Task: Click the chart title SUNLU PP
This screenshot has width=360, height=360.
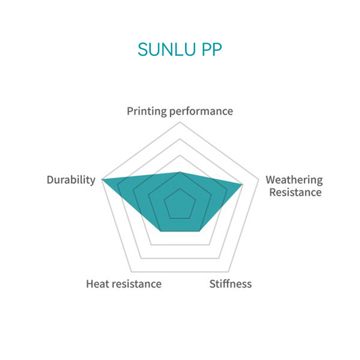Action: pos(180,50)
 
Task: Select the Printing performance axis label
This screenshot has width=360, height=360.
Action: pos(180,111)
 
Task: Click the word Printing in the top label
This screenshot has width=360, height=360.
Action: pos(147,111)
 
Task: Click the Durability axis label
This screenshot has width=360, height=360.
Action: pos(71,180)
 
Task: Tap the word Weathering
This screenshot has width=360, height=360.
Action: pos(294,180)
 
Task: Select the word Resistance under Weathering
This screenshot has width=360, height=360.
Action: pos(295,192)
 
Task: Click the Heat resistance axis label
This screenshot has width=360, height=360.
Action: pos(124,284)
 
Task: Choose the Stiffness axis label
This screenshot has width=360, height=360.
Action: pos(230,284)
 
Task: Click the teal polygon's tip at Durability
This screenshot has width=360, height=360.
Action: pos(102,179)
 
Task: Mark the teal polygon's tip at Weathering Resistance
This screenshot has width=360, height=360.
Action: pos(242,184)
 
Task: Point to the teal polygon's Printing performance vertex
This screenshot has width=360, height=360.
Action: pos(180,172)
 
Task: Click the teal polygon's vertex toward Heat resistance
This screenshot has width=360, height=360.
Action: pos(160,231)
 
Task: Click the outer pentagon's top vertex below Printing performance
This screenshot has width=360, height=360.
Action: pos(180,122)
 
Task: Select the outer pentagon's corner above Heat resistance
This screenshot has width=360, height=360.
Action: pos(131,272)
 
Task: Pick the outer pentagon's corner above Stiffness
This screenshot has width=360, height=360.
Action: pos(229,272)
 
